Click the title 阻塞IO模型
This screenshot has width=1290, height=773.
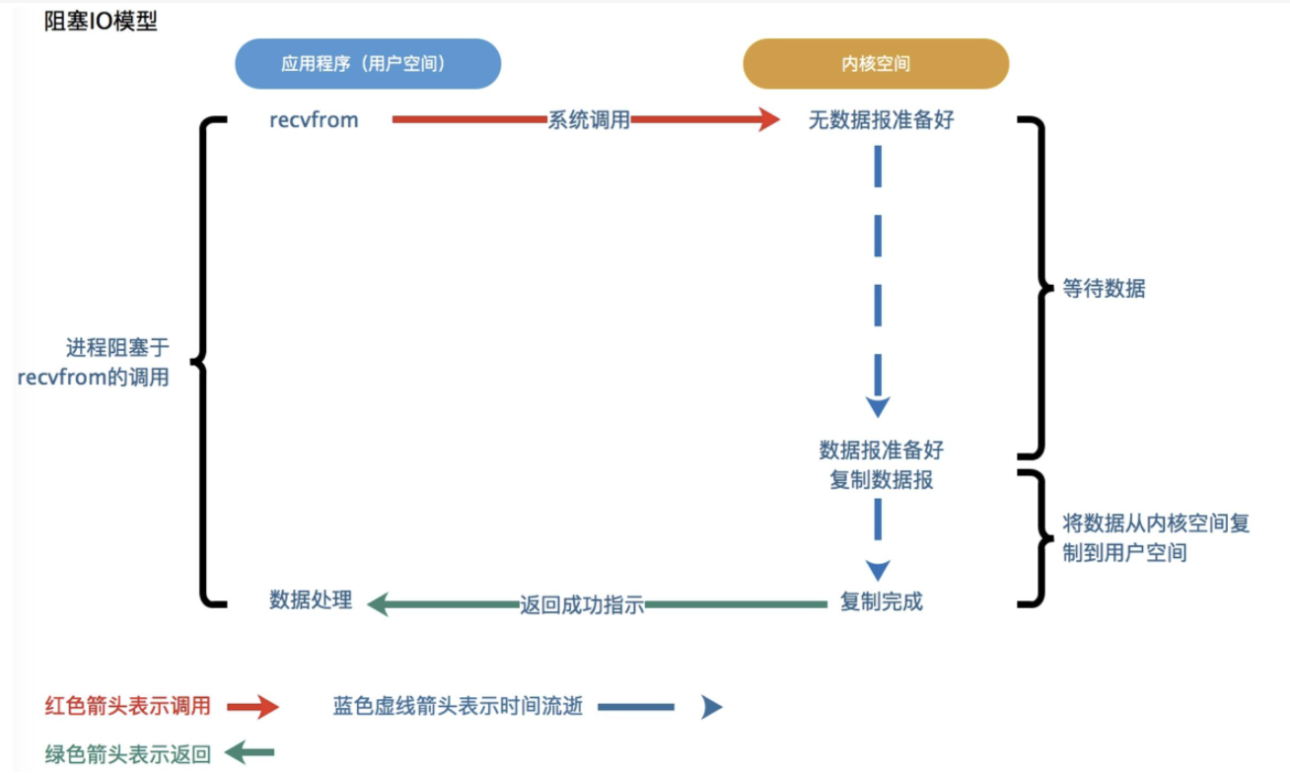pyautogui.click(x=101, y=22)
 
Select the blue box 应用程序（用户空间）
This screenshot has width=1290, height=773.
pyautogui.click(x=367, y=64)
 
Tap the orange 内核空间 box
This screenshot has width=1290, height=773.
pyautogui.click(x=876, y=64)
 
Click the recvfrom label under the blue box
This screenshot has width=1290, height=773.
pyautogui.click(x=314, y=120)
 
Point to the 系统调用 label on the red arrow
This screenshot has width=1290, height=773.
pyautogui.click(x=589, y=120)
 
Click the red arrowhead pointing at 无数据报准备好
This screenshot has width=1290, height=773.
pyautogui.click(x=766, y=120)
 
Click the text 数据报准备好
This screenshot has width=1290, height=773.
pyautogui.click(x=881, y=451)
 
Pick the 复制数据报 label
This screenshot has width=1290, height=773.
pyautogui.click(x=881, y=480)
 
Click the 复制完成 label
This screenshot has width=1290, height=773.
pyautogui.click(x=881, y=601)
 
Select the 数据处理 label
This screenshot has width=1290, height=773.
pyautogui.click(x=311, y=601)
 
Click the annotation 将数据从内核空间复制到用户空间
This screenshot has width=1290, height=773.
pyautogui.click(x=1155, y=538)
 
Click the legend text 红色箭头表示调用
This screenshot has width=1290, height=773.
pyautogui.click(x=128, y=706)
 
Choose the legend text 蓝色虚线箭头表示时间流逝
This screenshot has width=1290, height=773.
pyautogui.click(x=458, y=706)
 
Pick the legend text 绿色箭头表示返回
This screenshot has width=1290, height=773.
pyautogui.click(x=128, y=755)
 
